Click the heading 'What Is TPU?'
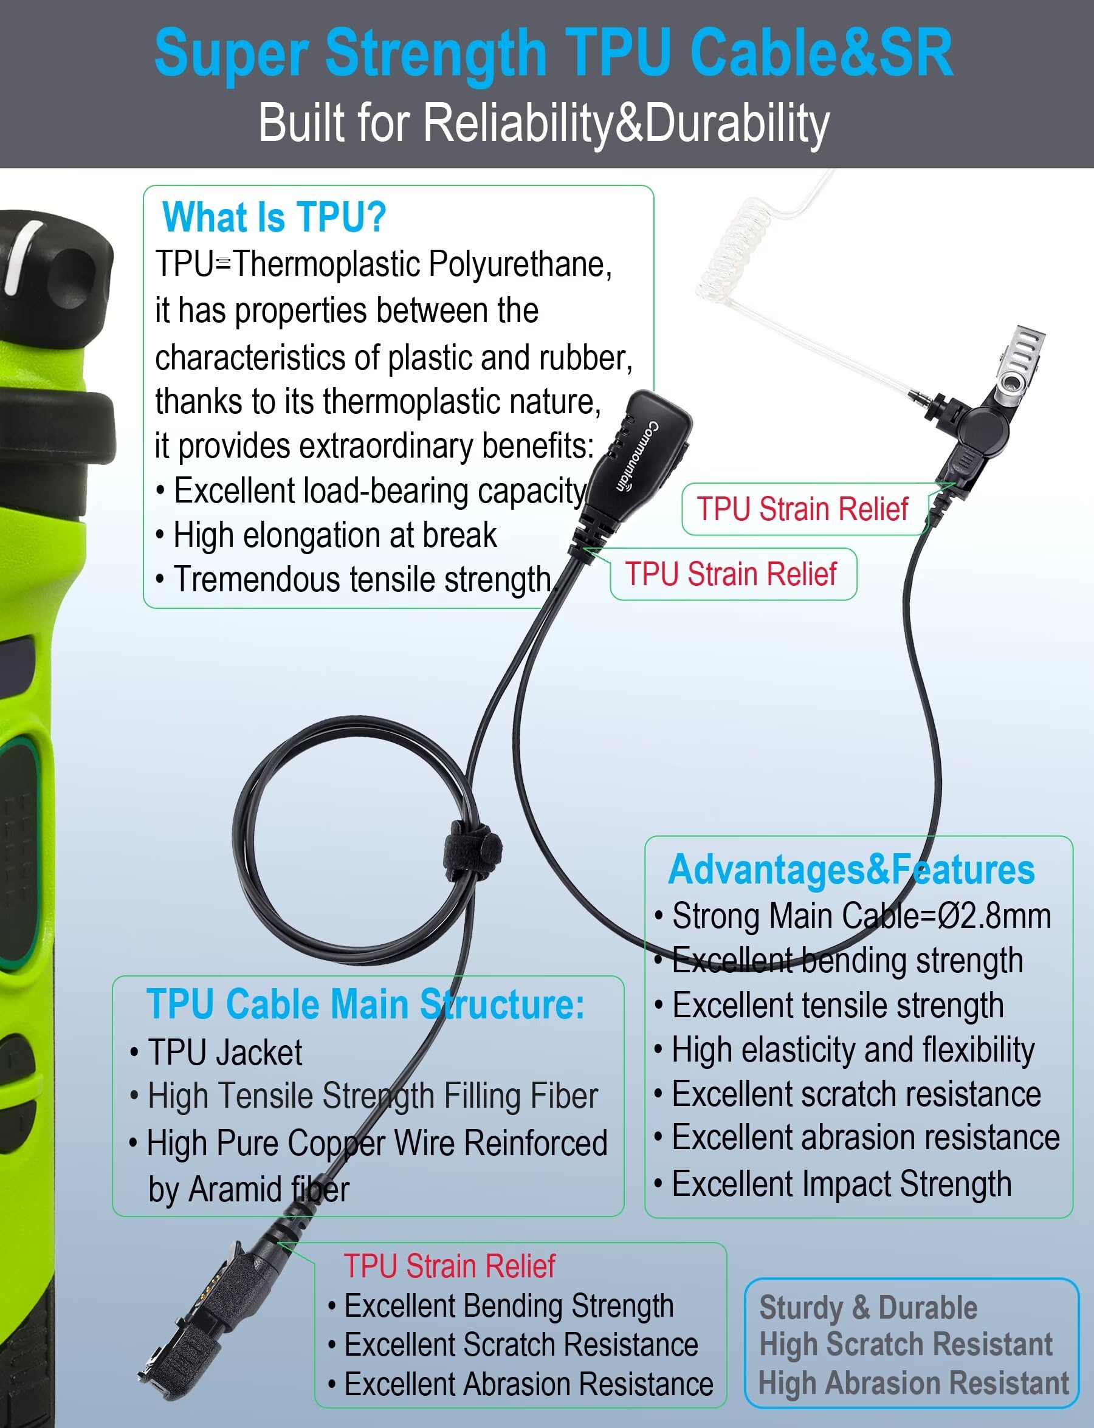[x=274, y=217]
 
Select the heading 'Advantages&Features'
[x=851, y=870]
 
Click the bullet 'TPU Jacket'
[x=225, y=1052]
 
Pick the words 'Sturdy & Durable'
[x=868, y=1308]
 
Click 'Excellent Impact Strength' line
[x=841, y=1184]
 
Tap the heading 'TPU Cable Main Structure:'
[x=365, y=1004]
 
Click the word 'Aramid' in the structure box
[x=238, y=1190]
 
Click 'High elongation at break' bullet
[x=334, y=535]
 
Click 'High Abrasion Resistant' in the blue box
[x=913, y=1382]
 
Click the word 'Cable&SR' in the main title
[x=821, y=53]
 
